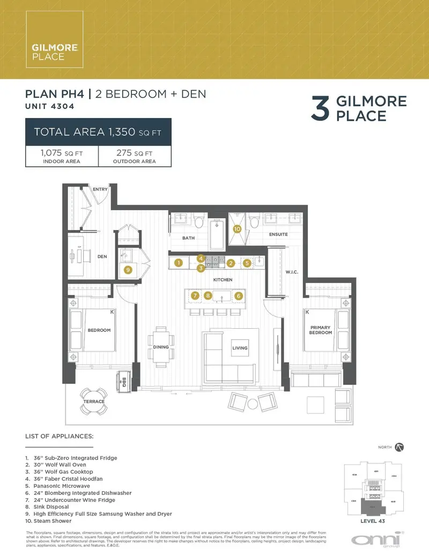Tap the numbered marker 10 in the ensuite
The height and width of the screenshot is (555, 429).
238,228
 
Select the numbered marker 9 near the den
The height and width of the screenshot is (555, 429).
128,270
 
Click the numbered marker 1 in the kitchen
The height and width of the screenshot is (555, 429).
179,263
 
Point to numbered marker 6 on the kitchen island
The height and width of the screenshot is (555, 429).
239,295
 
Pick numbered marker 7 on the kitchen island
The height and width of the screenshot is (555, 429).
195,295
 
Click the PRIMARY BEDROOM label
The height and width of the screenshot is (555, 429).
320,330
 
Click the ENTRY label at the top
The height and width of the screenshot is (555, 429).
100,189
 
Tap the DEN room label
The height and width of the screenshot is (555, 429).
102,256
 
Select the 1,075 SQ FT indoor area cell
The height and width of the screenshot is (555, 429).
62,156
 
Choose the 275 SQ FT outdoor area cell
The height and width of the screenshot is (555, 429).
135,156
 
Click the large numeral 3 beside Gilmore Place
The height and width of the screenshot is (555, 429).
320,109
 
